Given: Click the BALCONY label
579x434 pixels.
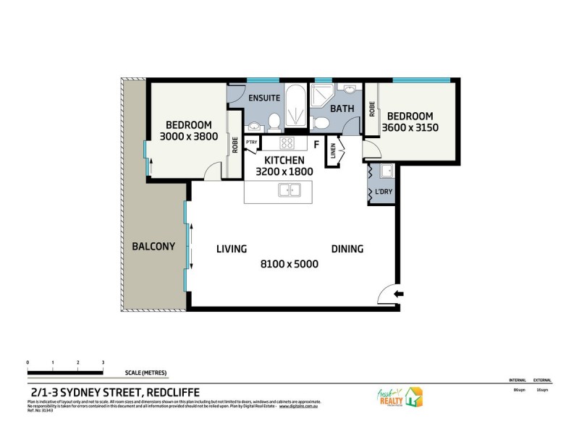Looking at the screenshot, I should pyautogui.click(x=153, y=246).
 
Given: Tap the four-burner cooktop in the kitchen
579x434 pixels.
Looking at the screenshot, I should pyautogui.click(x=287, y=143).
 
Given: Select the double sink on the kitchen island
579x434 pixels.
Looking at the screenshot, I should pyautogui.click(x=289, y=191).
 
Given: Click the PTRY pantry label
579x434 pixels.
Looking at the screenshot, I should pyautogui.click(x=252, y=143).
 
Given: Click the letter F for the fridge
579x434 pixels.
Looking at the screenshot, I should pyautogui.click(x=316, y=145).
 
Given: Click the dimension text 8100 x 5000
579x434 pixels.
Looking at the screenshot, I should pyautogui.click(x=289, y=264).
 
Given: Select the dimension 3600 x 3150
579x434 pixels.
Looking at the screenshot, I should pyautogui.click(x=410, y=128).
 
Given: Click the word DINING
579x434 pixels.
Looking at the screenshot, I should pyautogui.click(x=347, y=249).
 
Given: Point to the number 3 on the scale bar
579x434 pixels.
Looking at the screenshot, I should pyautogui.click(x=103, y=362).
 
